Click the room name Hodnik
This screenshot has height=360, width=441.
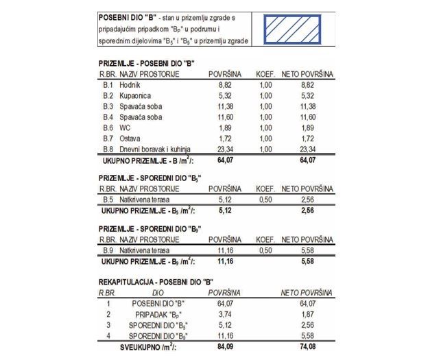pos(130,84)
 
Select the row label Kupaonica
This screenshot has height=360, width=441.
pos(134,95)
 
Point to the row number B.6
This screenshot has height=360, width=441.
pos(108,128)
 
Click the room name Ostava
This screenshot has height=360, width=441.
pos(130,139)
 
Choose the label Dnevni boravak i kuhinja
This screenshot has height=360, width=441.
pos(154,149)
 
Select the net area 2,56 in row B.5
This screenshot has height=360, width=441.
pos(307,200)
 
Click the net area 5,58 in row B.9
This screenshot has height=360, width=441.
pos(307,251)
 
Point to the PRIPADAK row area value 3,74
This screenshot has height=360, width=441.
pos(225,313)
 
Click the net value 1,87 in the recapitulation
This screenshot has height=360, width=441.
pos(307,313)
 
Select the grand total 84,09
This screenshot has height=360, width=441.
pos(224,347)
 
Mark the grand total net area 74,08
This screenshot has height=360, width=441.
pos(307,347)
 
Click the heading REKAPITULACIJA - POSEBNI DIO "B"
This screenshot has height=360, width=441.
pos(156,282)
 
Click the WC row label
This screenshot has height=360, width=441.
pos(125,128)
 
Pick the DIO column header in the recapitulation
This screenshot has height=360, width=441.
pos(158,292)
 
